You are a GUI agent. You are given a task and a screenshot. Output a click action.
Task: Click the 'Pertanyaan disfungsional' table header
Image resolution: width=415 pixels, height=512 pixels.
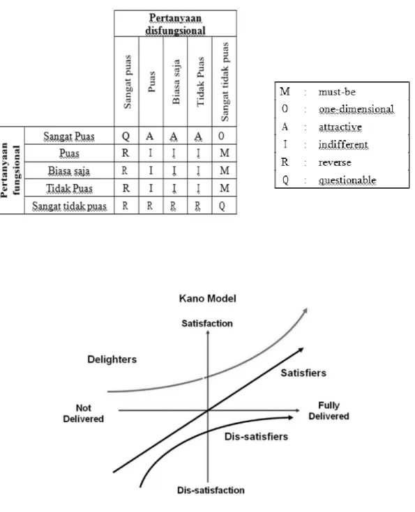175,24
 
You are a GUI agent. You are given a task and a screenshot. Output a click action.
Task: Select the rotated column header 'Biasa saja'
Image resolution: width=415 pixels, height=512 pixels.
176,82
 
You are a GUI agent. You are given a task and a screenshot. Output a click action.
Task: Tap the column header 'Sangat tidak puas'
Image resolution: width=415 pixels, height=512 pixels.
225,82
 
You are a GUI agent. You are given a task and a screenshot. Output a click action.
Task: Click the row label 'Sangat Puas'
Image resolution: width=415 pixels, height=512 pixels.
69,136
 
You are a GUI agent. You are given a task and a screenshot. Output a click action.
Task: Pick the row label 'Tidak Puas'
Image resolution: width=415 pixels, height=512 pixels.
69,188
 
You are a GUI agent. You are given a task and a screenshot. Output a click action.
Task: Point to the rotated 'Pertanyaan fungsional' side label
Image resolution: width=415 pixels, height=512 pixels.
10,170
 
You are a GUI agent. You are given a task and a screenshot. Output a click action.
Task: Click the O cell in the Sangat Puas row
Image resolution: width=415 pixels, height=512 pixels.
221,136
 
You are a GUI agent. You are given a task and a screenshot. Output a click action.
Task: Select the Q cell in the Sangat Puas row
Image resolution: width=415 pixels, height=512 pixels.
126,136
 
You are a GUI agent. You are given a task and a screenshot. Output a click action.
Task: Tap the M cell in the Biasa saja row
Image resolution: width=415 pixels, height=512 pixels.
225,171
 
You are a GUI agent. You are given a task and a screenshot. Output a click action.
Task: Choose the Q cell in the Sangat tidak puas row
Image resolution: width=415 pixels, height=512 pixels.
222,205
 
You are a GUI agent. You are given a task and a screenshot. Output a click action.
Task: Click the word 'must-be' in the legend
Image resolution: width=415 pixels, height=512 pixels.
337,92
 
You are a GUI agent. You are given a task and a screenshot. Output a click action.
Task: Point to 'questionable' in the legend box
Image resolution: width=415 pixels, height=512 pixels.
347,180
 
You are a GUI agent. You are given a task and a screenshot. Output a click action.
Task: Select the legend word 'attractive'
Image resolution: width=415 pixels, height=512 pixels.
340,127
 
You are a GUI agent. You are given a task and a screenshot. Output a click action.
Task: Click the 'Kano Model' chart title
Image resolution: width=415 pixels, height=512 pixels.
208,298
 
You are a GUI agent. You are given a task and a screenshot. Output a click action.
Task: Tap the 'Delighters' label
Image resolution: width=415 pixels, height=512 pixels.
112,359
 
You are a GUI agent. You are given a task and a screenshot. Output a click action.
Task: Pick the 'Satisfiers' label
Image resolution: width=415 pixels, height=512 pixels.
303,373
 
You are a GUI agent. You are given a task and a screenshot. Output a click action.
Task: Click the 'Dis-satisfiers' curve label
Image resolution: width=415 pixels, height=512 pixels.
256,437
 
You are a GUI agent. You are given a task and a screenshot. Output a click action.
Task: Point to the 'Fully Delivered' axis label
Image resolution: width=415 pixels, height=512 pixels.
329,410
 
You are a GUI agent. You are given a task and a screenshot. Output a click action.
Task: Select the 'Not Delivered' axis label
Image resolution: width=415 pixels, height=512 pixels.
84,413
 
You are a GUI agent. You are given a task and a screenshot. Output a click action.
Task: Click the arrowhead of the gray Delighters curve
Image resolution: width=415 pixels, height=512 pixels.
305,309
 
